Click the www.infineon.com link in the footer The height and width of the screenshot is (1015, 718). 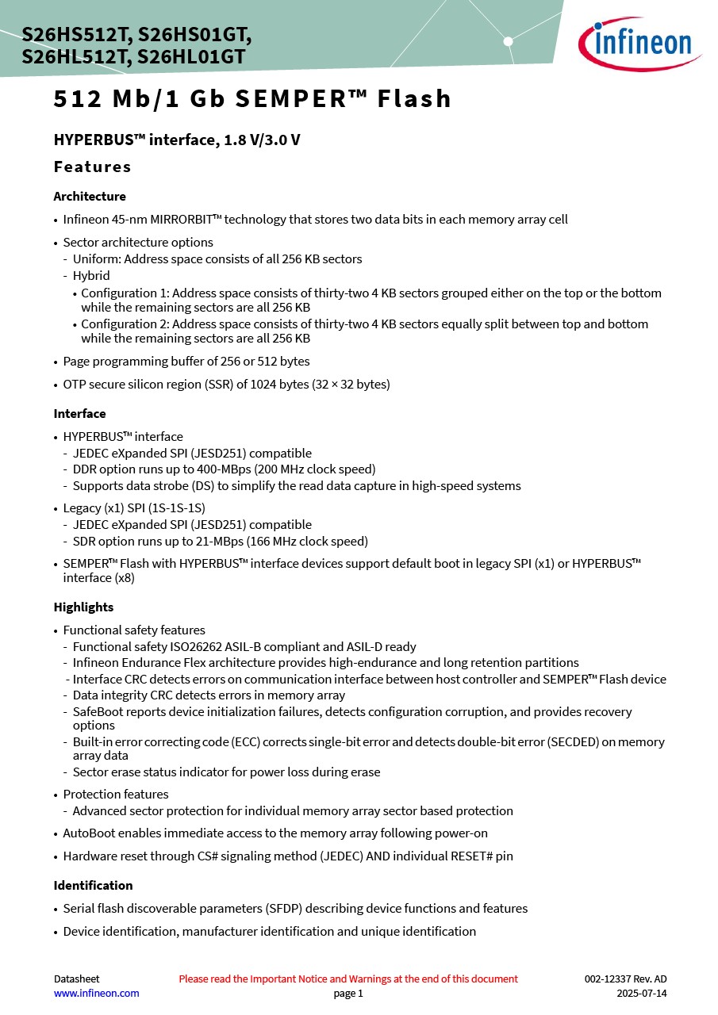(96, 993)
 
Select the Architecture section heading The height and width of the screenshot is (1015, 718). (90, 196)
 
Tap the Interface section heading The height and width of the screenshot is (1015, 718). (79, 413)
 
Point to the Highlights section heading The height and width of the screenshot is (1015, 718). (83, 607)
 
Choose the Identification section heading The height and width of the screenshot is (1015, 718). (93, 885)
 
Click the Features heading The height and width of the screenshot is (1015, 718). (92, 167)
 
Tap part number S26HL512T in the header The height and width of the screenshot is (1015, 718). (76, 57)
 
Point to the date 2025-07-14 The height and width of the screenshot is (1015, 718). (642, 993)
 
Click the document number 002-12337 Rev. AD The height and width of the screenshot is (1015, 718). (625, 979)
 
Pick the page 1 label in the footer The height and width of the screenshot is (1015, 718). (348, 993)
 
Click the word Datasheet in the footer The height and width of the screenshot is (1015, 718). (76, 979)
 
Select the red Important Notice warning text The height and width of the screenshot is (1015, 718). (348, 979)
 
